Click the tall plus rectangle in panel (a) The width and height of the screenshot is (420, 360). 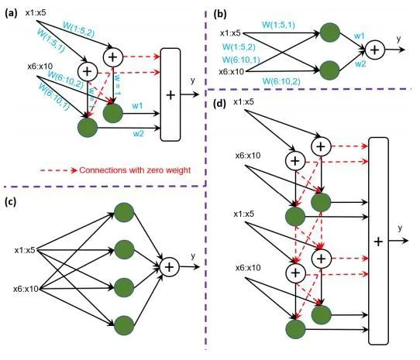point(170,94)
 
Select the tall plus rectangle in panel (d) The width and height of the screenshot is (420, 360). point(378,240)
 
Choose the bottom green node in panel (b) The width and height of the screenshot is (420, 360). point(331,71)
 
